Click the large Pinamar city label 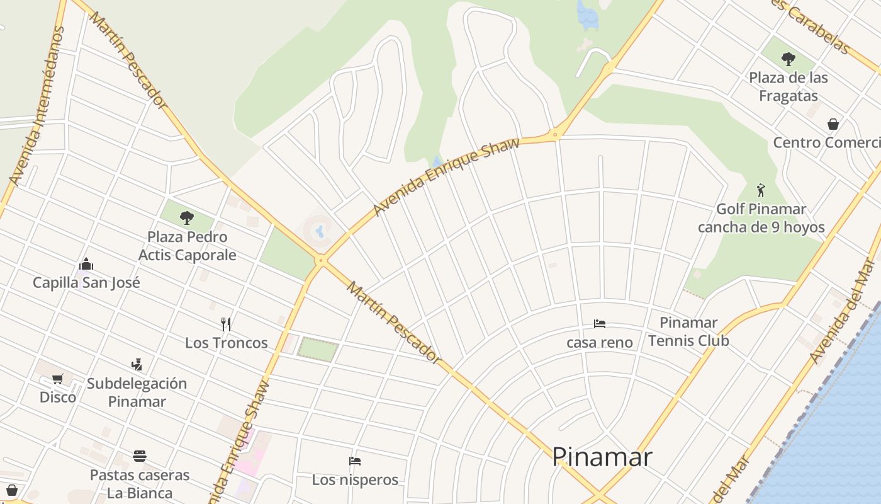(x=602, y=457)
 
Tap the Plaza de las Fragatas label (x=788, y=87)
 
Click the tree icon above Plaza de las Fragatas (x=788, y=60)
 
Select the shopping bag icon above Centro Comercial (x=833, y=124)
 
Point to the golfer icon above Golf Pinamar (x=761, y=190)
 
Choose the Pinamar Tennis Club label (x=688, y=331)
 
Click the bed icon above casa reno (x=600, y=324)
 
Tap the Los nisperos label (x=355, y=479)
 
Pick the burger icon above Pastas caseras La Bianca (x=140, y=455)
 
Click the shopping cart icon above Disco (x=58, y=379)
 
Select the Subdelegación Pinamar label (x=137, y=392)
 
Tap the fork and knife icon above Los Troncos (x=226, y=324)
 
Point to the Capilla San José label (x=86, y=282)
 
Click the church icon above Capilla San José (x=86, y=264)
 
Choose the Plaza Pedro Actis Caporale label (x=187, y=246)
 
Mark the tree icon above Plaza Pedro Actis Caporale (x=186, y=218)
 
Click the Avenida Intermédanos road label (x=37, y=107)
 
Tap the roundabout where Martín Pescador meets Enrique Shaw (x=322, y=260)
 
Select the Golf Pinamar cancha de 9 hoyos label (x=761, y=218)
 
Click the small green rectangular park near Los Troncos (x=318, y=350)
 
